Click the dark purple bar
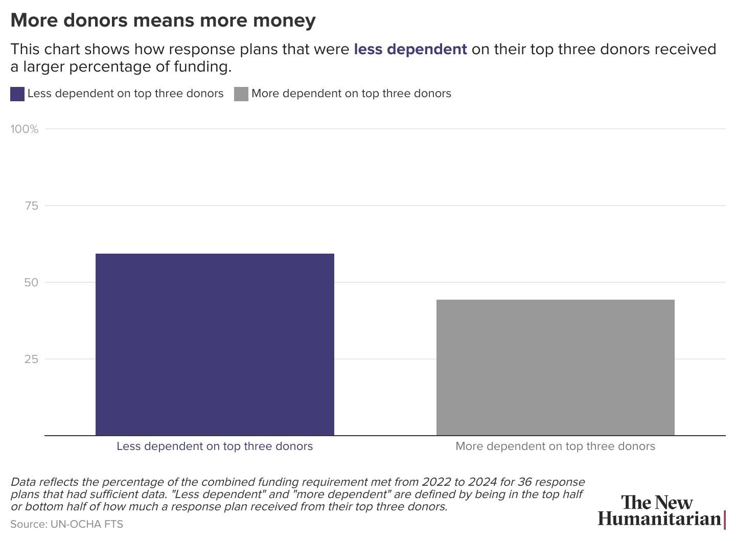pos(215,344)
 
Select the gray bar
pos(555,367)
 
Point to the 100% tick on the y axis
pos(25,129)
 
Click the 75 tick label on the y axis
pos(31,206)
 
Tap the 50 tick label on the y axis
pos(31,283)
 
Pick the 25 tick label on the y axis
pos(31,359)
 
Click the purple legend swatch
pos(17,94)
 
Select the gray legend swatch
pos(241,94)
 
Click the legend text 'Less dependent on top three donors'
pos(125,94)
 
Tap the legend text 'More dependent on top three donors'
pos(351,94)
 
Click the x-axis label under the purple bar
pos(215,446)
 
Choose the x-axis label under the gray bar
pos(555,446)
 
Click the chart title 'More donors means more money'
pos(163,20)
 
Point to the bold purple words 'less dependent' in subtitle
pos(410,49)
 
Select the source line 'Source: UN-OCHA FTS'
pos(66,524)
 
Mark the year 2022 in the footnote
pos(433,482)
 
